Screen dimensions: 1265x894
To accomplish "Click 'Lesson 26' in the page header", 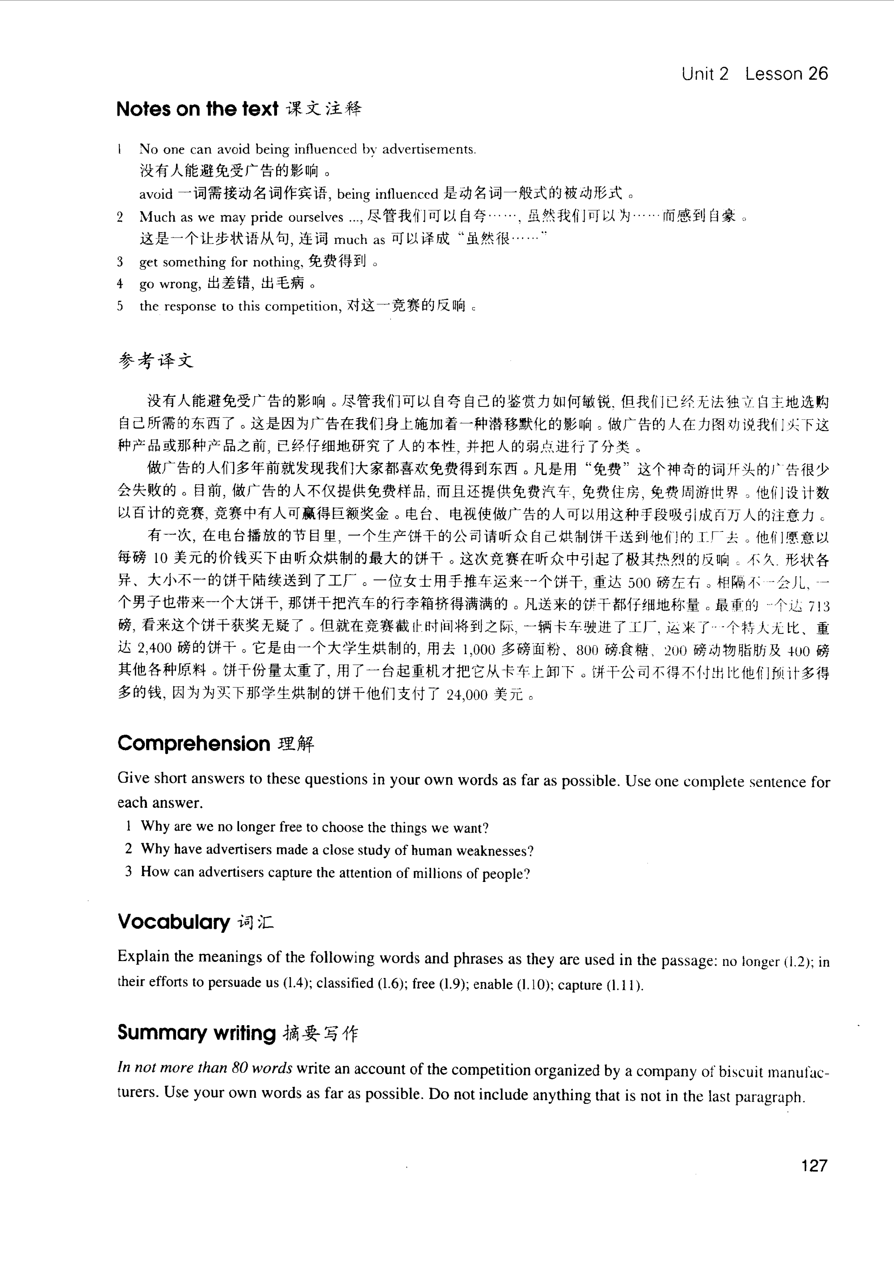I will point(786,74).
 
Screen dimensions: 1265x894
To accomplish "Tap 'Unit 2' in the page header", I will point(705,74).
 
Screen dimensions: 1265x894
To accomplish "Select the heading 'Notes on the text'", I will point(197,109).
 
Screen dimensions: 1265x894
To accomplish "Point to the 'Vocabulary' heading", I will point(173,922).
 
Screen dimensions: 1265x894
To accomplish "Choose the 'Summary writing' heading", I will point(196,1032).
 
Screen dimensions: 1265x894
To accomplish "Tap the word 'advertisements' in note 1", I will point(428,149).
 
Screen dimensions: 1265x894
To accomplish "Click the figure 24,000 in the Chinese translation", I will point(467,695).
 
